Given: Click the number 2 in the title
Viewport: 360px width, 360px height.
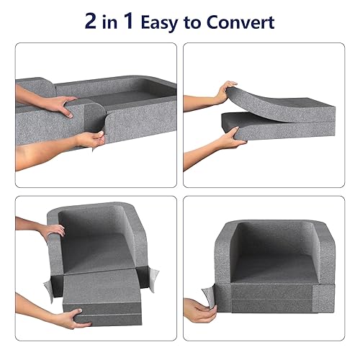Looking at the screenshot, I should point(92,21).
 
